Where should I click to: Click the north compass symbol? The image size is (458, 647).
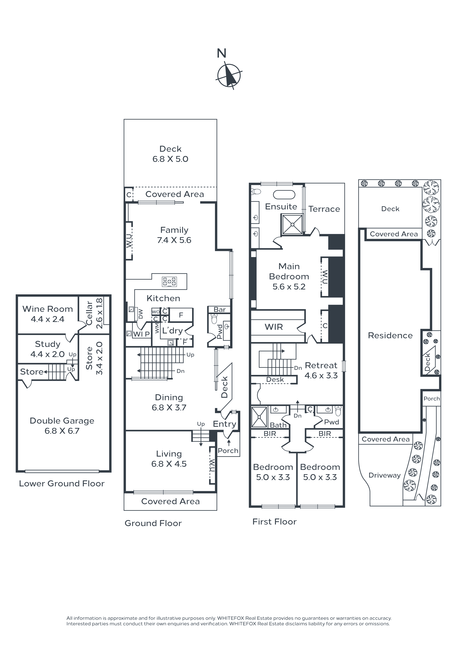pos(229,75)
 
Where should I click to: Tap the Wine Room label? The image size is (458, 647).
pos(48,309)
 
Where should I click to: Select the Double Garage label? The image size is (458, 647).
pos(62,421)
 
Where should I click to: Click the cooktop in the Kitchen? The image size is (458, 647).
pos(169,281)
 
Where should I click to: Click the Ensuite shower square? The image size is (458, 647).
pos(292,224)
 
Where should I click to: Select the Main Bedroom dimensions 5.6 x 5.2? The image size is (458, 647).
pos(289,287)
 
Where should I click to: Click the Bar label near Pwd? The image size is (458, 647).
pos(220,309)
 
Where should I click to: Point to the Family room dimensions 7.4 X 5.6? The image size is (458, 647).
pos(174,240)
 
